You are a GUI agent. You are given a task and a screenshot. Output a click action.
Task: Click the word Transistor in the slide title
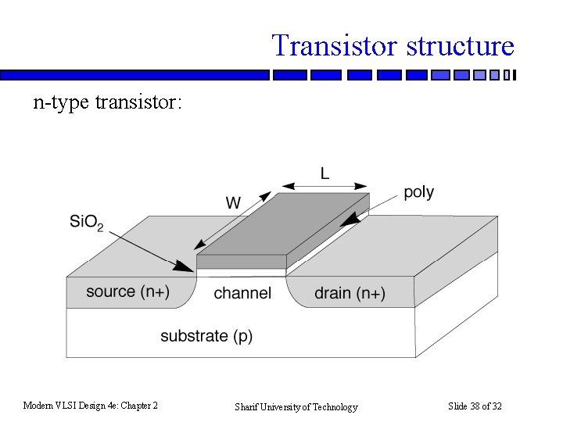click(x=335, y=45)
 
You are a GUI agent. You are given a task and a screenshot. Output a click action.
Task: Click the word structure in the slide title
click(x=460, y=45)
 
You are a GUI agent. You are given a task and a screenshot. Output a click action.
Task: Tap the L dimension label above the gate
click(x=324, y=173)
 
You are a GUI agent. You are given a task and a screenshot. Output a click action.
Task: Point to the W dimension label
click(x=233, y=203)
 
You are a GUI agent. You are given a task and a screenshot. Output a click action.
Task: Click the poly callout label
click(x=418, y=192)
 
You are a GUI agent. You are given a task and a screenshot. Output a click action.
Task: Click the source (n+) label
click(x=127, y=291)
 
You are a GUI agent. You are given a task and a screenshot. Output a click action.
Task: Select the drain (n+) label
click(x=350, y=293)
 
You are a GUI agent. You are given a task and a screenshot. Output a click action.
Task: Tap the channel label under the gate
click(x=242, y=293)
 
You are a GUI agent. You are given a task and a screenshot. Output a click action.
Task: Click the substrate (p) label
click(x=206, y=336)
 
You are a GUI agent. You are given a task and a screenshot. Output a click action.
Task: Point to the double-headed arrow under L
click(x=324, y=187)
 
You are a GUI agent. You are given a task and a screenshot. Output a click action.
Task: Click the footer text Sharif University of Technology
click(x=296, y=406)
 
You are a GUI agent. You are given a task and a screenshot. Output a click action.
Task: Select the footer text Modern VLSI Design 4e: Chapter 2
click(x=91, y=405)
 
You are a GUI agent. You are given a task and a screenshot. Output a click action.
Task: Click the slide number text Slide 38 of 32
click(x=475, y=406)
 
